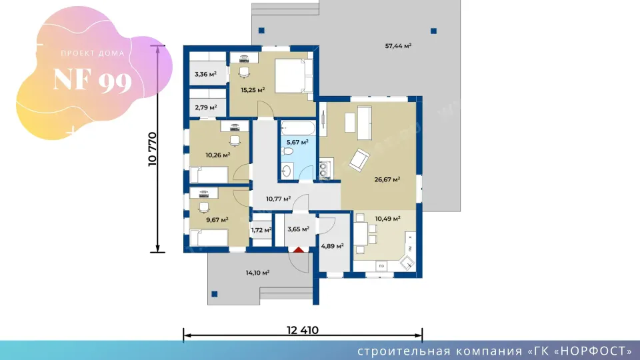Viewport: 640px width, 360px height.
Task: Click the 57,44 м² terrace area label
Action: click(x=398, y=46)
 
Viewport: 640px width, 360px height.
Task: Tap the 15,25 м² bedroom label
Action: click(x=253, y=90)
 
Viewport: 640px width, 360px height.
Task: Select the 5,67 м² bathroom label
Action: click(x=297, y=142)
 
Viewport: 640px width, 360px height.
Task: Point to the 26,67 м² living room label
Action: click(x=387, y=179)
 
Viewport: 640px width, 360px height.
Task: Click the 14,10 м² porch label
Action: click(x=257, y=273)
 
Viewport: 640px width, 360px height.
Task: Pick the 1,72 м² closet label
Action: click(x=261, y=230)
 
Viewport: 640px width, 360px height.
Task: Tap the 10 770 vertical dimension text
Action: click(x=152, y=149)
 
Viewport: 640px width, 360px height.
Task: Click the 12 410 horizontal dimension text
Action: click(x=303, y=330)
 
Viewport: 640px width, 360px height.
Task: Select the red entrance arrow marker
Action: click(x=299, y=249)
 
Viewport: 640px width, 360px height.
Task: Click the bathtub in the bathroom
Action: click(x=298, y=129)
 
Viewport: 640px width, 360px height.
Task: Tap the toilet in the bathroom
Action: click(x=287, y=152)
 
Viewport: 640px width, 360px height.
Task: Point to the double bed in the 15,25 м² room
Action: click(x=294, y=75)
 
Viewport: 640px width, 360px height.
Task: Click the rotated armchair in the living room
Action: click(x=359, y=159)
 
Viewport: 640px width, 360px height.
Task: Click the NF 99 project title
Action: click(x=93, y=80)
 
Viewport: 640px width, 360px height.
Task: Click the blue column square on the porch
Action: click(x=214, y=294)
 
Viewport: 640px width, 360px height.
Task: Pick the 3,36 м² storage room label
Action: click(x=205, y=74)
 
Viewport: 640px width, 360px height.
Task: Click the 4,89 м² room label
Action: click(x=332, y=246)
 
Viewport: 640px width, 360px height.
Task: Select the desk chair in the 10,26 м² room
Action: click(x=235, y=141)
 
